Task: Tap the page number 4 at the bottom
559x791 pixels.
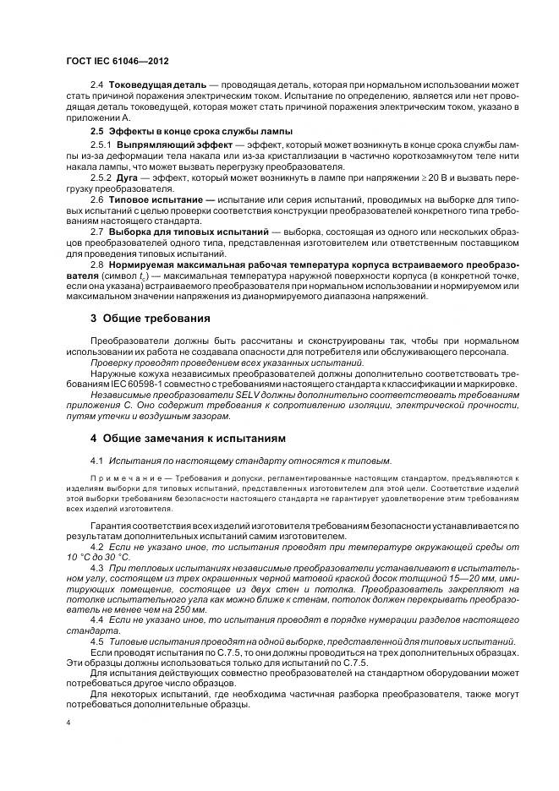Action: coord(68,724)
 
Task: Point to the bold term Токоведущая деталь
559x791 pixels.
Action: coord(156,86)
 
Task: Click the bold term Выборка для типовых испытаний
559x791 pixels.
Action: coord(189,230)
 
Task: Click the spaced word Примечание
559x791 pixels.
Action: coord(120,478)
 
